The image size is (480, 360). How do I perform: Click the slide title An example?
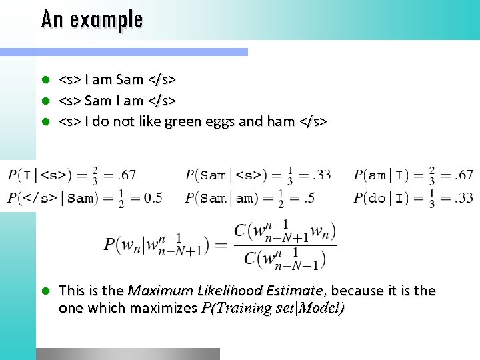pos(92,19)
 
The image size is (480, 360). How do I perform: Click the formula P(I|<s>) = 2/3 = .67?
pos(72,175)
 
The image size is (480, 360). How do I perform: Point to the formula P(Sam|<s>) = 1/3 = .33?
pos(258,175)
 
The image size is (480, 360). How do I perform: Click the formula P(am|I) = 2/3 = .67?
pos(413,175)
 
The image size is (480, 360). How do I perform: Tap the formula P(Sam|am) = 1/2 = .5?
pos(250,198)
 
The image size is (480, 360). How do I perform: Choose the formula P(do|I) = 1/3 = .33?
pos(413,198)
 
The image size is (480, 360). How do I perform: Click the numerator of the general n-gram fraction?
pos(285,233)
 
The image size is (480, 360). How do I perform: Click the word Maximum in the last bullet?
pos(158,291)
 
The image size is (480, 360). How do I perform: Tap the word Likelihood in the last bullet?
pos(225,291)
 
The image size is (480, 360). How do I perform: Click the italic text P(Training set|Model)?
pos(273,308)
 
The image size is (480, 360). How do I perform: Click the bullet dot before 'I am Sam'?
pos(46,80)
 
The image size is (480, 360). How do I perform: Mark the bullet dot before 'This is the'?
pos(46,291)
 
